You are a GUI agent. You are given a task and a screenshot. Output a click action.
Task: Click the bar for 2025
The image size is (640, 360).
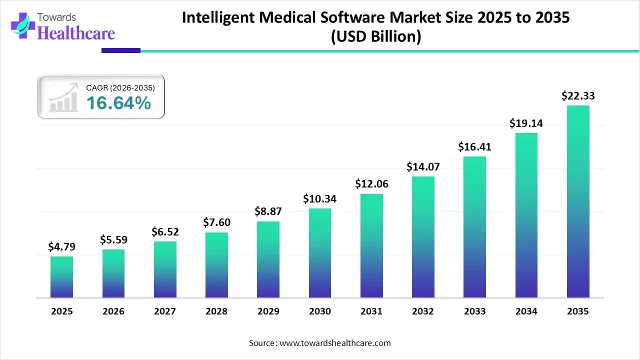pos(61,277)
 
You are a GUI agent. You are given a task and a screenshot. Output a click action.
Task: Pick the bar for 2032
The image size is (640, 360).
pos(423,237)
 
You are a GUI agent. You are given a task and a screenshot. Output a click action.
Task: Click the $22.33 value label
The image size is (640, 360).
pos(578,95)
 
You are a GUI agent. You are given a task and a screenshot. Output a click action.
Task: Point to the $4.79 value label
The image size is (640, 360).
pos(61,246)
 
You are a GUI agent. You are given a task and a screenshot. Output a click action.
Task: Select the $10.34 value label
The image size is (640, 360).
pos(320,198)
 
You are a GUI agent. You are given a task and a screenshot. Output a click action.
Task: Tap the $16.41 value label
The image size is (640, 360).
pos(474,147)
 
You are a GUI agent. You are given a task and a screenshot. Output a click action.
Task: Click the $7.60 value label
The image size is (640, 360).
pos(216,222)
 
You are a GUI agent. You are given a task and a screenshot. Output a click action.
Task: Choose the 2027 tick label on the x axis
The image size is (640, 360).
pos(165,311)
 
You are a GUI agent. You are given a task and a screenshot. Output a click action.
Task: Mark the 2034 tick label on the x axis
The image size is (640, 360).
pos(526,311)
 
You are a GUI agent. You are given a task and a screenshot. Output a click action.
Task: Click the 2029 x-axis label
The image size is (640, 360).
pos(268,311)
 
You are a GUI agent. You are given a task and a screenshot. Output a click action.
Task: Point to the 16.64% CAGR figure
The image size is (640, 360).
pos(118,103)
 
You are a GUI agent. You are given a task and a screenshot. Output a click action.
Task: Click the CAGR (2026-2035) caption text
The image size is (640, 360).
pos(120,88)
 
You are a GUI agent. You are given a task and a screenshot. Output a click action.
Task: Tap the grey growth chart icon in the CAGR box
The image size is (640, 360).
pos(63,97)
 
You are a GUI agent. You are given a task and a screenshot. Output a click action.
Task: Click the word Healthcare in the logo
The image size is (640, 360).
pos(76,33)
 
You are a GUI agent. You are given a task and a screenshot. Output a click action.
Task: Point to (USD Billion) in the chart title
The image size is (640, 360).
pos(375,36)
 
